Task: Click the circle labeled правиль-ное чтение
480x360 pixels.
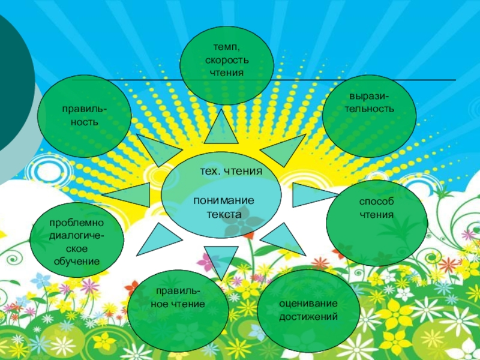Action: [x=178, y=310]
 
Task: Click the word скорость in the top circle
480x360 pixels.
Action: [x=227, y=60]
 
